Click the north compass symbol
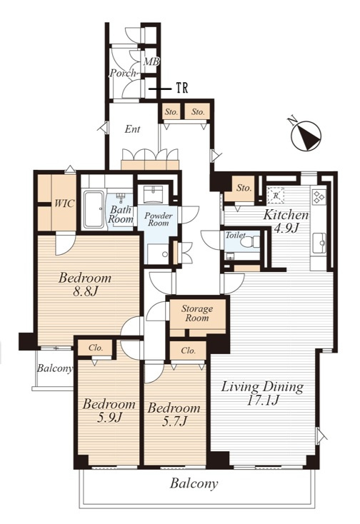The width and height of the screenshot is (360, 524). point(306,134)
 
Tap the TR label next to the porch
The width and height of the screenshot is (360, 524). point(182,89)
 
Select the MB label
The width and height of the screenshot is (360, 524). point(151,62)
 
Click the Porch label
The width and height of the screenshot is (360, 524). point(123,73)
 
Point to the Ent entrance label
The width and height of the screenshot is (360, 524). point(132,129)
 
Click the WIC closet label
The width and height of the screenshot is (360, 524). point(64,203)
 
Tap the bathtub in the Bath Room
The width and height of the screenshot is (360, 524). point(94,209)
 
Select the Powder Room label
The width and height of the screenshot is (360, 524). point(159,219)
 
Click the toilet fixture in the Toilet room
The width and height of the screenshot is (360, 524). point(251,241)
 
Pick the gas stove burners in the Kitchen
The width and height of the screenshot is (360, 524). point(318,197)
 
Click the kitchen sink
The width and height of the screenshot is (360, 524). point(319,243)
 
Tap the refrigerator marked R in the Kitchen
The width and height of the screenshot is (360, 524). point(276,196)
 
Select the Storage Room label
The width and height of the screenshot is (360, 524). point(197,313)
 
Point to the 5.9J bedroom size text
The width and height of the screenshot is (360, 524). point(109,418)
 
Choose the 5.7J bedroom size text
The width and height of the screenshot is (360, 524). point(174,422)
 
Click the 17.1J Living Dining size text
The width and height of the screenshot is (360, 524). point(262,400)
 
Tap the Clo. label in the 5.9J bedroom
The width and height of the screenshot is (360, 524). point(96,348)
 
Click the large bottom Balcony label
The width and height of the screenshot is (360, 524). point(194,483)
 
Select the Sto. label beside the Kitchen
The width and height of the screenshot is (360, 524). point(244,188)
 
